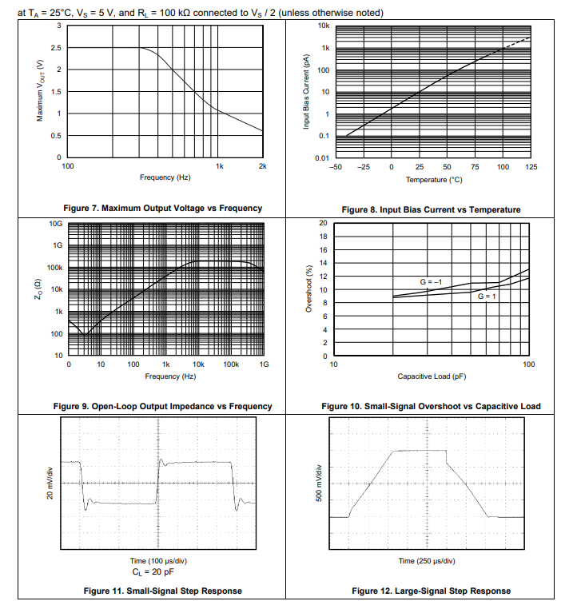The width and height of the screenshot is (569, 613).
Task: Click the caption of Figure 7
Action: [x=156, y=208]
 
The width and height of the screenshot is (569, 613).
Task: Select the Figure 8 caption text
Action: [x=431, y=209]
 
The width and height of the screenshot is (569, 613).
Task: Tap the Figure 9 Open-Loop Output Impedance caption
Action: [x=162, y=406]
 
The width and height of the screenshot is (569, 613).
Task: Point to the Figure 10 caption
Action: [x=431, y=406]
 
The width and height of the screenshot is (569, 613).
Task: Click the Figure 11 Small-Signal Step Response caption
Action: [x=163, y=591]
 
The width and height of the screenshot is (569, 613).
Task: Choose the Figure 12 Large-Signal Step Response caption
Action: [x=431, y=591]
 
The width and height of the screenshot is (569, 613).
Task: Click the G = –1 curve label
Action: [x=432, y=282]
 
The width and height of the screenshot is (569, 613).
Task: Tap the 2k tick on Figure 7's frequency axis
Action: [x=262, y=165]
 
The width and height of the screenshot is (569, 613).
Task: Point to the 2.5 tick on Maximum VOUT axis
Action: [x=56, y=48]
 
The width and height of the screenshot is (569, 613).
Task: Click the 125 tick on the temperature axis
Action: [x=531, y=166]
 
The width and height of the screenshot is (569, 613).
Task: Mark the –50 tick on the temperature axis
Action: [x=336, y=166]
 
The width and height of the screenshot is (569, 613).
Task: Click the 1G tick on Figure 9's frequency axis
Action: [x=264, y=364]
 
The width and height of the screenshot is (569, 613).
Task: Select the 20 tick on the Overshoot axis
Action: [x=322, y=222]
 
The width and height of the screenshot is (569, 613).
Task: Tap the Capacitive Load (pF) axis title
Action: [x=431, y=376]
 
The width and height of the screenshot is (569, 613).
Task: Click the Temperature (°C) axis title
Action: [x=434, y=180]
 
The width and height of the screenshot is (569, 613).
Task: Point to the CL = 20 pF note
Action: [x=157, y=572]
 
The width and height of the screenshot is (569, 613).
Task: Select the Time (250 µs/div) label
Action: [x=427, y=561]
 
